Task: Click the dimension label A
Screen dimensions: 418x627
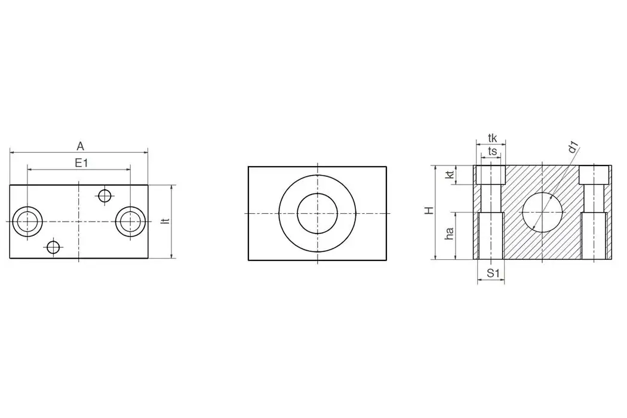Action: pos(80,145)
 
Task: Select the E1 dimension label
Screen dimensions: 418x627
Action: pos(81,162)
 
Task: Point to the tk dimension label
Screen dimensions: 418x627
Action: pos(492,138)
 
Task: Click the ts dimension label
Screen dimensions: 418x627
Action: pos(492,152)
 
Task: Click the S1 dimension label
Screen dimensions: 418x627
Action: pos(492,273)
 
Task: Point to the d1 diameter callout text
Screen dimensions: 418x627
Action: pos(574,147)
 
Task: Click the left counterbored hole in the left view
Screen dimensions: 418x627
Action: pos(27,222)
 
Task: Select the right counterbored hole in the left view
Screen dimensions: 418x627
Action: pos(130,222)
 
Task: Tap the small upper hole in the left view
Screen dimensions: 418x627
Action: pos(105,195)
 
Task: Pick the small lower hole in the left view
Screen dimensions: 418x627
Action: pos(54,247)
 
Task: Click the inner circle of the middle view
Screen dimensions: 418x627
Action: pos(318,213)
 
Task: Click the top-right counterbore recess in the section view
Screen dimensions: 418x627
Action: pos(595,175)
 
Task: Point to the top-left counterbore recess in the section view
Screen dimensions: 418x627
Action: pos(491,175)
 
